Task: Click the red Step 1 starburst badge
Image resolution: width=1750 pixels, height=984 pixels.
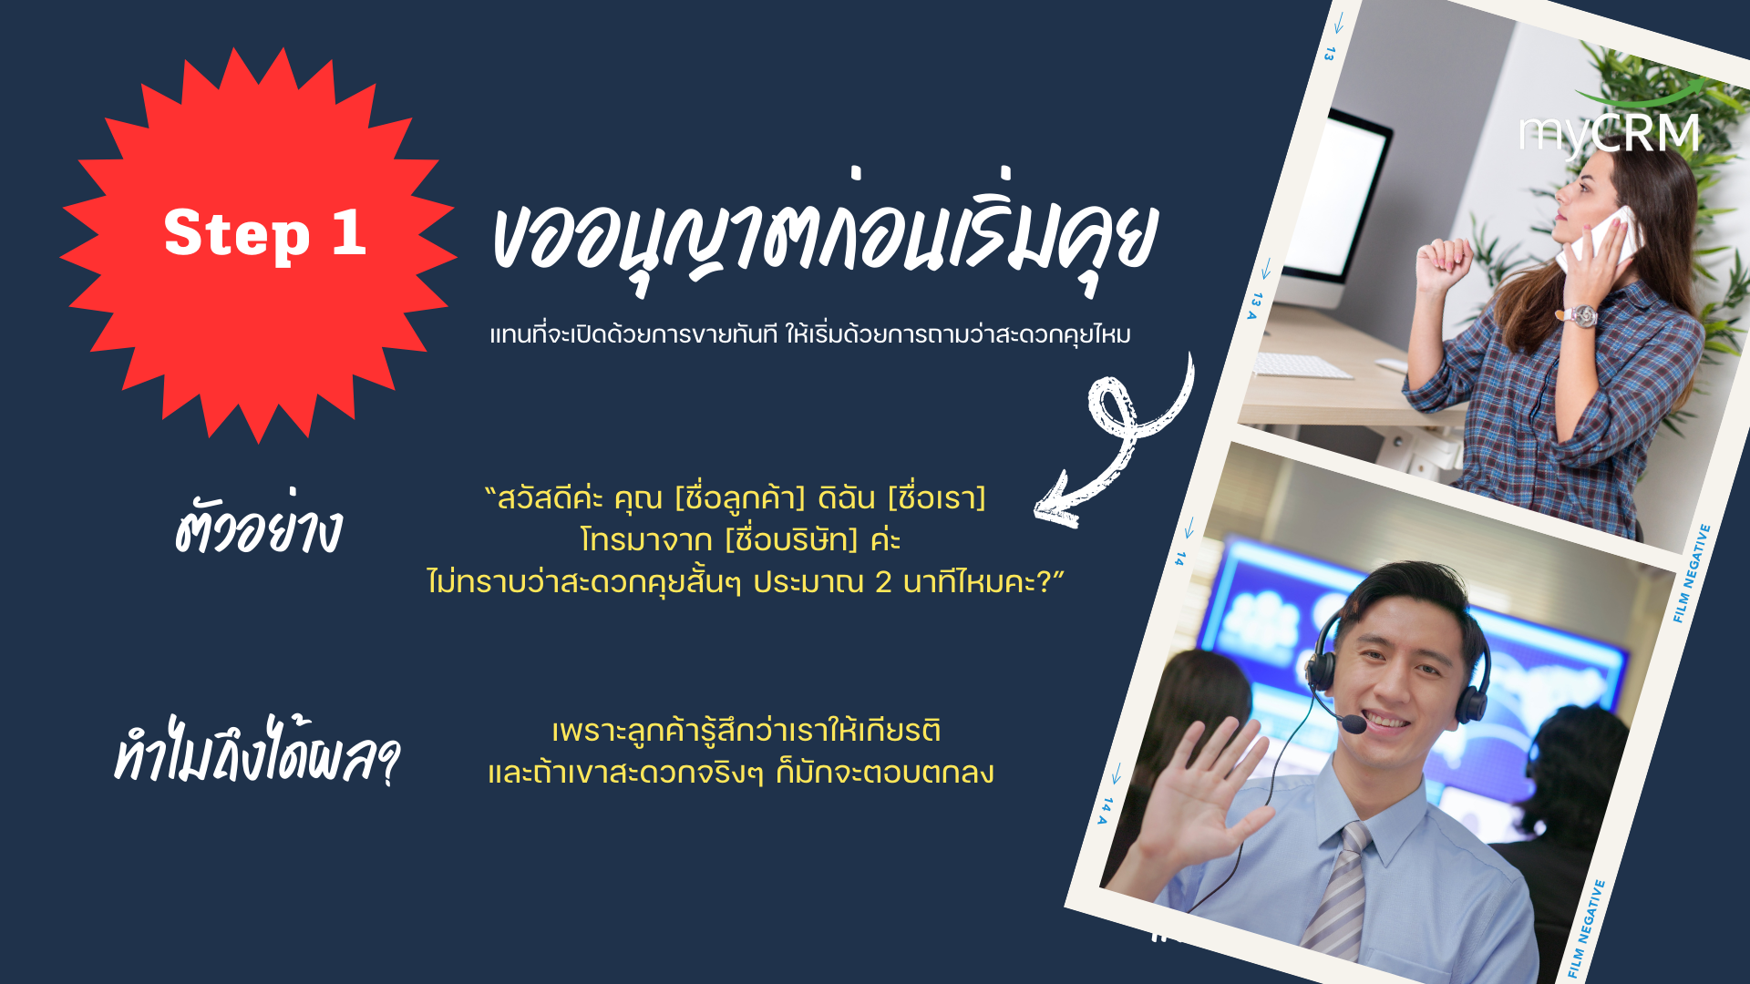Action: click(x=259, y=244)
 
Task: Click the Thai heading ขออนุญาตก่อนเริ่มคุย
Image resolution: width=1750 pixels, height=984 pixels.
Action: click(x=824, y=234)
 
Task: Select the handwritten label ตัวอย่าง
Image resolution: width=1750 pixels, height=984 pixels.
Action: click(x=258, y=526)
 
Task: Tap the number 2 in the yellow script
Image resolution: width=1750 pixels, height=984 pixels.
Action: click(x=883, y=582)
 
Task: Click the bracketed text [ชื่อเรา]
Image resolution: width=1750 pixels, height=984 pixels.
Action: click(x=937, y=498)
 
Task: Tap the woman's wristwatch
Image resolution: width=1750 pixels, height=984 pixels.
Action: click(x=1582, y=316)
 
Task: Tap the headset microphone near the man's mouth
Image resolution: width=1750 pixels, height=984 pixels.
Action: click(x=1354, y=724)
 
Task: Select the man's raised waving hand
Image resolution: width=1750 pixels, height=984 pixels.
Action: click(x=1199, y=793)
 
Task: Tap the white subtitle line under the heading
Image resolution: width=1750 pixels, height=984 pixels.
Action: click(x=810, y=334)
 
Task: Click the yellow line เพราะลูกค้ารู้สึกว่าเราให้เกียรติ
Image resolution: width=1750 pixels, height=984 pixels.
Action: click(x=746, y=731)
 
